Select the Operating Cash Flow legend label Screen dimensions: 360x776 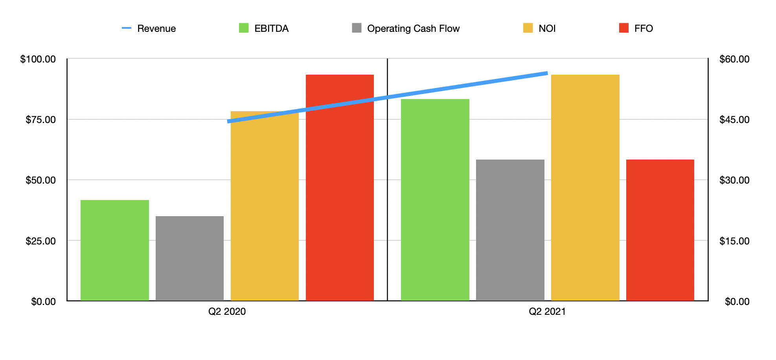coord(413,28)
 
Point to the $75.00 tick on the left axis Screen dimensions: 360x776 coord(40,119)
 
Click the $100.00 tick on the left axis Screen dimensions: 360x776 coord(38,59)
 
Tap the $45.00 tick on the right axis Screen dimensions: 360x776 coord(734,119)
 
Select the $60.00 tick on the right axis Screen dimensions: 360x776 coord(734,59)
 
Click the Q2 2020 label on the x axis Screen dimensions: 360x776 coord(227,312)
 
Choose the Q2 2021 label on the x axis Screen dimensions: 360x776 coord(547,312)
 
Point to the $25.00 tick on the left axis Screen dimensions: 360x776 coord(40,241)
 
